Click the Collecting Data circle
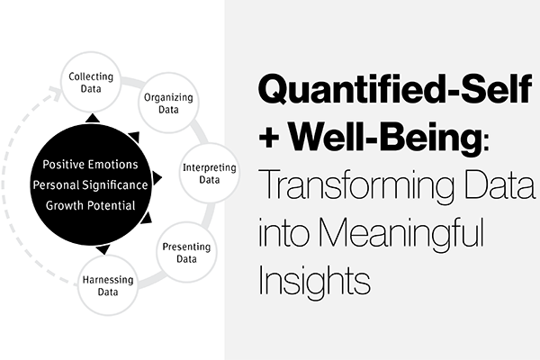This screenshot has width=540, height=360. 90,84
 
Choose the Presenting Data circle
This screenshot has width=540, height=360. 186,253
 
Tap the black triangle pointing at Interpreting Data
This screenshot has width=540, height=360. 157,177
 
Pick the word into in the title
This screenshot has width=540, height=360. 286,236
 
